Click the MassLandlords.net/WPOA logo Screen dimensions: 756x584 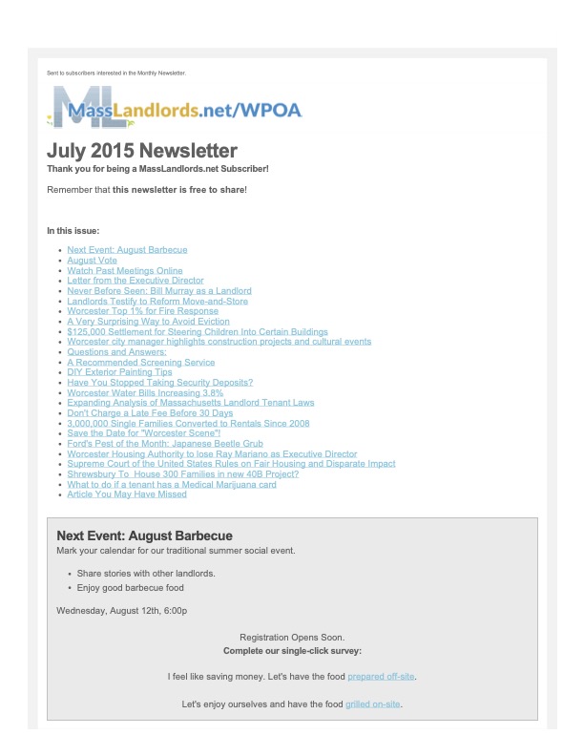click(x=176, y=109)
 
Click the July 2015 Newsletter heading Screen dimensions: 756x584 click(x=142, y=151)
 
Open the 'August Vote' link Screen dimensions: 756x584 click(x=93, y=260)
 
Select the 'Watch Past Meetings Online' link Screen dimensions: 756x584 click(x=125, y=270)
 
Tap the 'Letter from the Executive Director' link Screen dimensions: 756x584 click(x=136, y=281)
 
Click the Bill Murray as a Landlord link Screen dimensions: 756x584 click(x=159, y=291)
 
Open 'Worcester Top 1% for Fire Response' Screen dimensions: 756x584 click(x=143, y=311)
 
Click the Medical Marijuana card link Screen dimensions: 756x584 click(x=172, y=485)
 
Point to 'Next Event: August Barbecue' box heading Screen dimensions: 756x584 click(x=144, y=536)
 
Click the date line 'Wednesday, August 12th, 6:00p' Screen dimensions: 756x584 click(x=122, y=610)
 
